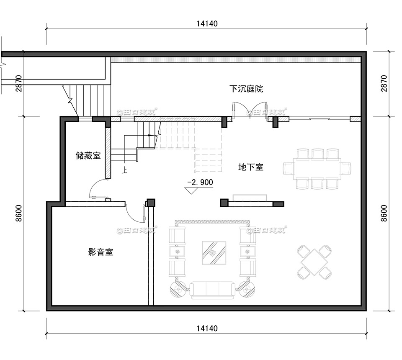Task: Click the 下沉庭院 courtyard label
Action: (x=246, y=89)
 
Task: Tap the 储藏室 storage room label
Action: (x=88, y=156)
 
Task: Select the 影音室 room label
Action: (x=100, y=252)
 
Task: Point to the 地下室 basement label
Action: (x=250, y=167)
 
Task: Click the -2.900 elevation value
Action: (x=200, y=183)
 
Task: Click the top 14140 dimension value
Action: (x=206, y=23)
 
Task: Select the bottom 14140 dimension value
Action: (x=206, y=329)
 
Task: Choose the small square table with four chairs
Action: (x=314, y=262)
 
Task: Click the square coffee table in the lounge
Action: (x=214, y=253)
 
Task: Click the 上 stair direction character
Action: (x=125, y=170)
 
